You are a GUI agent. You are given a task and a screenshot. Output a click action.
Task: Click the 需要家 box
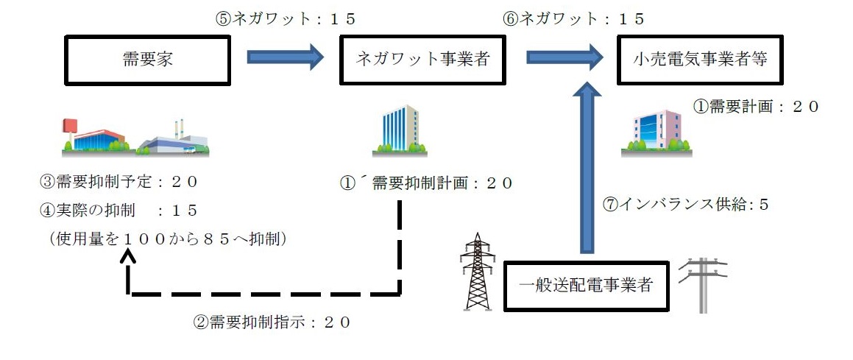click(x=147, y=60)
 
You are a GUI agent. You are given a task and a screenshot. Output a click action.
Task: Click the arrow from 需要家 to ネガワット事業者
click(x=285, y=57)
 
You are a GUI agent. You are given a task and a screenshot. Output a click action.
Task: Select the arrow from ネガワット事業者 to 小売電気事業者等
click(x=563, y=57)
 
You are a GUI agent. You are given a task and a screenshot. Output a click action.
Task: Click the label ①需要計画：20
click(x=755, y=106)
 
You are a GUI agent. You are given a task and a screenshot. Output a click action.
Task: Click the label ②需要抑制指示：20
click(x=272, y=322)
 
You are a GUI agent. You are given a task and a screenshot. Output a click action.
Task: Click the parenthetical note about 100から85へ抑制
click(x=166, y=239)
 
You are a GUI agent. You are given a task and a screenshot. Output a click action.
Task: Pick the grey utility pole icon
click(x=703, y=283)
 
